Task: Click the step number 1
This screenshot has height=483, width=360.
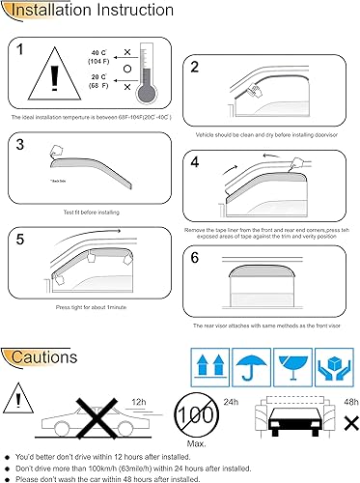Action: pos(24,50)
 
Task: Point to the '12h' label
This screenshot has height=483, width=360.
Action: pos(140,400)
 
